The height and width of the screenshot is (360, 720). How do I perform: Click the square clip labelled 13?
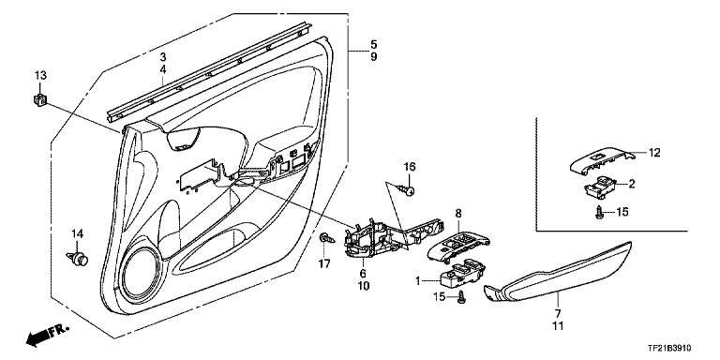pyautogui.click(x=40, y=99)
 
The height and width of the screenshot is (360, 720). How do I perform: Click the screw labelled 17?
pyautogui.click(x=327, y=238)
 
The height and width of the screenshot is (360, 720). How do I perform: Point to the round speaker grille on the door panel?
pyautogui.click(x=142, y=275)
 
